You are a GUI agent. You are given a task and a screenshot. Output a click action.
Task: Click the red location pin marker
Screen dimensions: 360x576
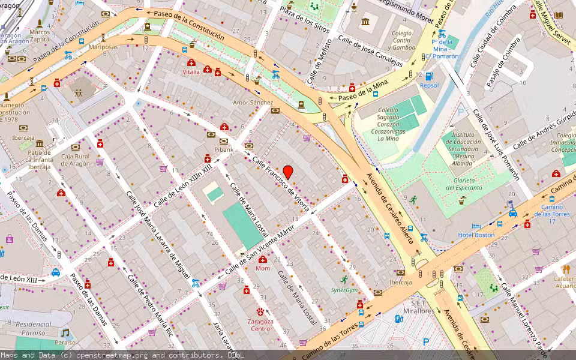pos(288,172)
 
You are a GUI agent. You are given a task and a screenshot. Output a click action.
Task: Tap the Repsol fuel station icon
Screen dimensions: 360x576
pos(429,76)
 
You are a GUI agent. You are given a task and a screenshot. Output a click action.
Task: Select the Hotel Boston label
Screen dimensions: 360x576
pos(476,235)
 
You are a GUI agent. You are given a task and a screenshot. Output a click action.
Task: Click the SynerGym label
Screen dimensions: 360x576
pos(344,289)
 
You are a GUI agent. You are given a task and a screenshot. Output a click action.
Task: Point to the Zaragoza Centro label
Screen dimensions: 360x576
pos(261,325)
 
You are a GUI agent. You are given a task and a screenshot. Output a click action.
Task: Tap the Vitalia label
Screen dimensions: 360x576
pos(191,71)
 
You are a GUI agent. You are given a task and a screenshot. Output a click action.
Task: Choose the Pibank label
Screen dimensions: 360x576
pos(223,149)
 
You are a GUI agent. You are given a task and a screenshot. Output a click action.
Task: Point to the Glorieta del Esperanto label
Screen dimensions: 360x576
pos(464,184)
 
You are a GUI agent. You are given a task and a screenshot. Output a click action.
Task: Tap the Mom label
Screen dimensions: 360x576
pos(263,268)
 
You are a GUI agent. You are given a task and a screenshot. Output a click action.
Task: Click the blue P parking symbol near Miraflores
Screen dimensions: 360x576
pos(426,342)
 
